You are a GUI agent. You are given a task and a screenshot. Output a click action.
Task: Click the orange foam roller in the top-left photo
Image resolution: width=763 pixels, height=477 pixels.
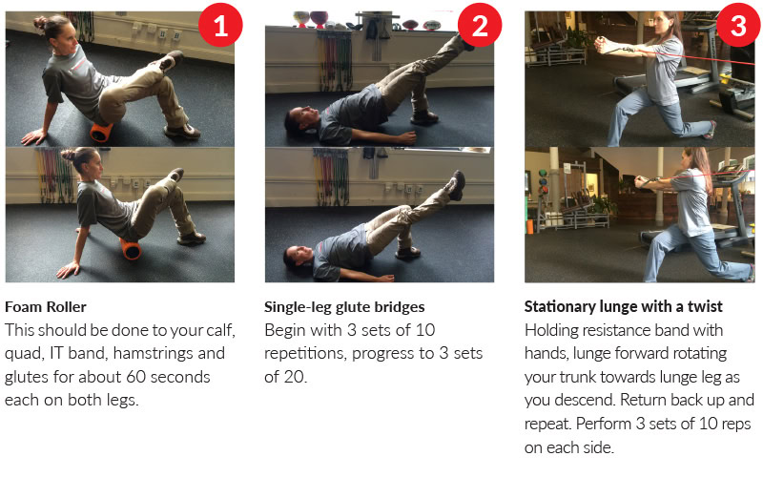pos(101,131)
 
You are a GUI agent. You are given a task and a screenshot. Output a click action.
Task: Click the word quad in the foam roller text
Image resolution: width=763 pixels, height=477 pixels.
pos(22,354)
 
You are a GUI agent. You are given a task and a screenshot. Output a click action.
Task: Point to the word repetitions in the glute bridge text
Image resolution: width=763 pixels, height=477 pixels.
pos(304,354)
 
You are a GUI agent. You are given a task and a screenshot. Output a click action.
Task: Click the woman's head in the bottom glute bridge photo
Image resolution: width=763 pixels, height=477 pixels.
pos(295,256)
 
